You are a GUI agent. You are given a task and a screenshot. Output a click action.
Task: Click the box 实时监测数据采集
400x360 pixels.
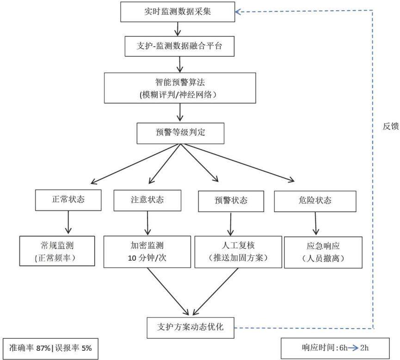(178, 12)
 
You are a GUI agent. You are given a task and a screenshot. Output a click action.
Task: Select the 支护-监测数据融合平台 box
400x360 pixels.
(179, 46)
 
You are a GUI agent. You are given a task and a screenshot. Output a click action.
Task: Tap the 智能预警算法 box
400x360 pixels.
(180, 88)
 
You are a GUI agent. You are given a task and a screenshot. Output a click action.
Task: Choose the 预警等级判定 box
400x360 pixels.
(180, 134)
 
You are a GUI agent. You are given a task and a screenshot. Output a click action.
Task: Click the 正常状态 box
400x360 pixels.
(68, 200)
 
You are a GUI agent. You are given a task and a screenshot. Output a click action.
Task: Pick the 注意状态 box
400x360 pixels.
(148, 201)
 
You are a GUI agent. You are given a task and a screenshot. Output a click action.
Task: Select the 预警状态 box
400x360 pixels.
(231, 201)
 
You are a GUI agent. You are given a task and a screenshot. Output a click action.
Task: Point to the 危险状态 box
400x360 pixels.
(315, 201)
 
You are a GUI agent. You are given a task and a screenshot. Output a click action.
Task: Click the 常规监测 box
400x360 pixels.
(57, 251)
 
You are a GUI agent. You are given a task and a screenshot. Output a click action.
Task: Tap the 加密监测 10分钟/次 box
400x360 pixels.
(147, 252)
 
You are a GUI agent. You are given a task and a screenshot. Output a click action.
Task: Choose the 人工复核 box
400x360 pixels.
(238, 252)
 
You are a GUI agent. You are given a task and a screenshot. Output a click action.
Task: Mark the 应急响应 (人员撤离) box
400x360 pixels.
(323, 252)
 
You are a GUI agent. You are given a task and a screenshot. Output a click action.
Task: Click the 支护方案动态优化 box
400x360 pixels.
(191, 328)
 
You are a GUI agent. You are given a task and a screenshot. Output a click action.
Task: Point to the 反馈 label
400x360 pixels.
(391, 126)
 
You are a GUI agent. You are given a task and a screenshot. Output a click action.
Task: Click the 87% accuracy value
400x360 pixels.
(43, 348)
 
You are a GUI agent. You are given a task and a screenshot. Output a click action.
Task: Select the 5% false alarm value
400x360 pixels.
(87, 348)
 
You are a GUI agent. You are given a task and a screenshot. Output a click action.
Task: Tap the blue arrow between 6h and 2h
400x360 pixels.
(354, 348)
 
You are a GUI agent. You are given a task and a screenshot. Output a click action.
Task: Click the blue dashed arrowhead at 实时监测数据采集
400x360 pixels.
(238, 12)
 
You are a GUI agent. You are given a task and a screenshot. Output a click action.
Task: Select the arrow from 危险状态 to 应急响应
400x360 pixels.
(316, 223)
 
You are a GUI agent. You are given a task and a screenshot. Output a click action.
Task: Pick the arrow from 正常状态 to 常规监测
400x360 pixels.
(68, 222)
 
